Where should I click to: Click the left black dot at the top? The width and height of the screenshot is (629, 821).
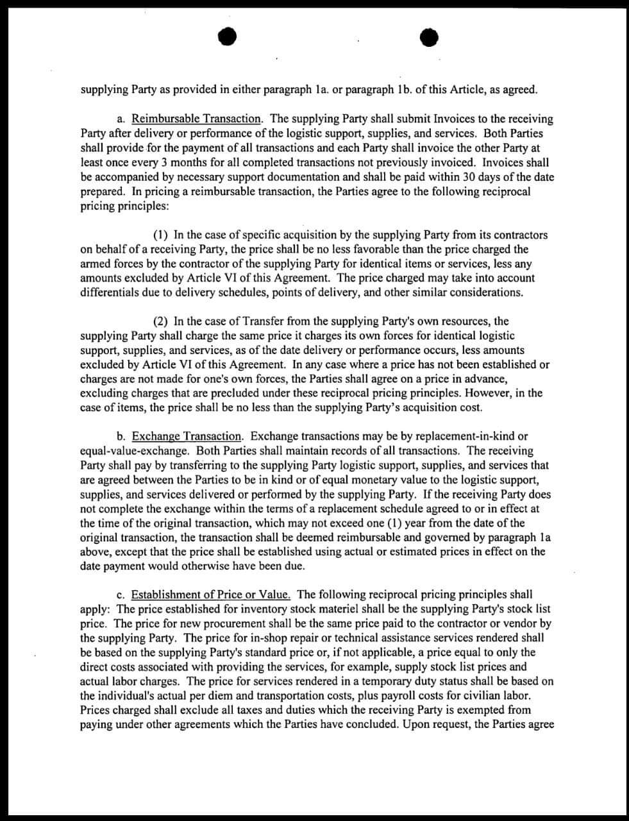(x=226, y=38)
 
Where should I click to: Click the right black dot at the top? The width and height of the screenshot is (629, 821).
(x=429, y=38)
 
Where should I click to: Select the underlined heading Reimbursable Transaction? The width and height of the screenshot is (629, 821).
(x=197, y=119)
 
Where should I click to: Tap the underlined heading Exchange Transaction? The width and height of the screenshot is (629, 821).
(x=187, y=437)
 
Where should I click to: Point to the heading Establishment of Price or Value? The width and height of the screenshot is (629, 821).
(x=211, y=595)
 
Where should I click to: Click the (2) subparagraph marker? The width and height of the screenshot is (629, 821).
(x=160, y=321)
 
